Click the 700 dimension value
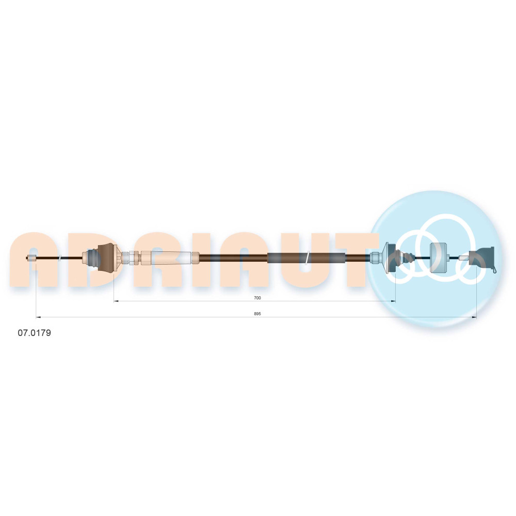257,298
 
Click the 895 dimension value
257,314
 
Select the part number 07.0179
34,333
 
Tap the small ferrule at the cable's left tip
32,259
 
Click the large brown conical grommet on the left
107,257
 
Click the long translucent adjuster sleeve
171,257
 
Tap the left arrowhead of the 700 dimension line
116,301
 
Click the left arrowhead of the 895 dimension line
38,317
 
